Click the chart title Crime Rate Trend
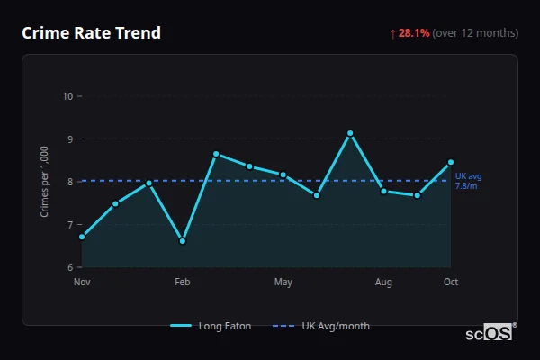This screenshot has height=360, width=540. (91, 33)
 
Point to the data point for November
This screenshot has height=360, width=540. (82, 237)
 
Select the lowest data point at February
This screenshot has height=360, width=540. (183, 241)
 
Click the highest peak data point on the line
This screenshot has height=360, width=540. (350, 133)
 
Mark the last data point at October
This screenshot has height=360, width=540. (451, 162)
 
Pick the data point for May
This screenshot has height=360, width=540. (283, 175)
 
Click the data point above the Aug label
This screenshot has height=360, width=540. (383, 191)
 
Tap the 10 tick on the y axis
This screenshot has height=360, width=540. (67, 96)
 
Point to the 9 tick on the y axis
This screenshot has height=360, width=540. (68, 139)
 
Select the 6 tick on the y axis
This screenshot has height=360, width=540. (68, 267)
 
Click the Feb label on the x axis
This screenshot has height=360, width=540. (183, 283)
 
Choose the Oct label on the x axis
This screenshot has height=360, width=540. (451, 283)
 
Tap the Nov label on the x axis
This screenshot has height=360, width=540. (82, 283)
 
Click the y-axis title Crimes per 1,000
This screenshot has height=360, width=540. (45, 182)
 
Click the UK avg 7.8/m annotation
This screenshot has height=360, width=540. (468, 181)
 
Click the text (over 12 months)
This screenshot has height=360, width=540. (475, 33)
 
